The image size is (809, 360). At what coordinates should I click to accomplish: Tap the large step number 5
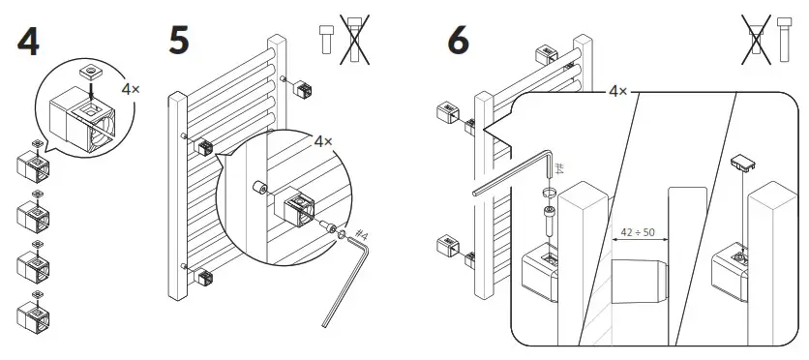click(179, 41)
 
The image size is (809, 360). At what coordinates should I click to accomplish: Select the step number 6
click(458, 41)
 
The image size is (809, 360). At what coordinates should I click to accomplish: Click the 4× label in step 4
click(131, 88)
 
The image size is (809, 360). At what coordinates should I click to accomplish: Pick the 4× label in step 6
click(617, 90)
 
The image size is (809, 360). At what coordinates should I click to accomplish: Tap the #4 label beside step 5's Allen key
click(361, 235)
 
